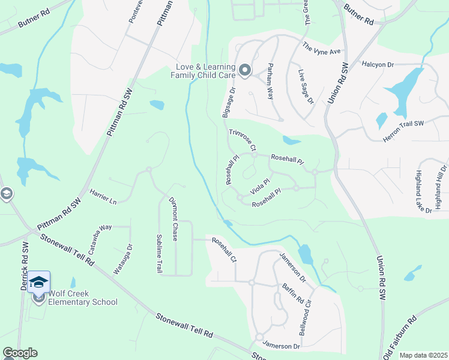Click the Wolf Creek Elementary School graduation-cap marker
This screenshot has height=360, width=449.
tap(38, 283)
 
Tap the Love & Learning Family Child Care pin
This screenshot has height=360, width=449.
tap(245, 71)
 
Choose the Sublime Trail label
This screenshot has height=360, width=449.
tap(159, 254)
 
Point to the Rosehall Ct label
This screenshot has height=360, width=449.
tap(224, 249)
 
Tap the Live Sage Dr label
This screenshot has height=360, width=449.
tap(306, 86)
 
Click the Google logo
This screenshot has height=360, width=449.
tap(20, 353)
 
